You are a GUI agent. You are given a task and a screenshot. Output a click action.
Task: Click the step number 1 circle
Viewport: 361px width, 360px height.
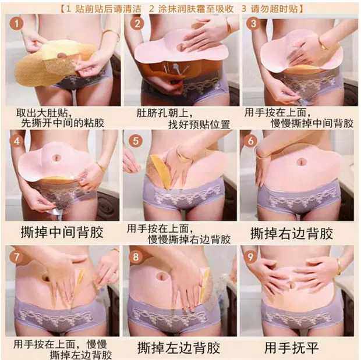tap(16, 24)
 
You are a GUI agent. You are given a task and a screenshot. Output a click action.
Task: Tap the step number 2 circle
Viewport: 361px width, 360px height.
tap(137, 24)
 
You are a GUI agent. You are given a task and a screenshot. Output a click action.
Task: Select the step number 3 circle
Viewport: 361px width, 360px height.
tap(253, 23)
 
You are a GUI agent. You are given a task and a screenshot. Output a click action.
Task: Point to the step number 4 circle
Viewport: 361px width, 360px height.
tap(16, 141)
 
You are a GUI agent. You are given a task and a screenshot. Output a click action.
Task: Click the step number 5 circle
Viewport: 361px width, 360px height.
tap(136, 141)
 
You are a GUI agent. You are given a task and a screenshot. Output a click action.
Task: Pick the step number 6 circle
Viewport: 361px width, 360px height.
tap(251, 140)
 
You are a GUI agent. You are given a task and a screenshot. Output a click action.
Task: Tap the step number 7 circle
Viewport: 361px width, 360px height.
tap(16, 256)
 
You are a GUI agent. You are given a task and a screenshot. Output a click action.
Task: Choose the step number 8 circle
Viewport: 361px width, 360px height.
tap(136, 256)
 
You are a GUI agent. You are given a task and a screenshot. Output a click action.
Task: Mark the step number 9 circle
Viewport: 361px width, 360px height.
tap(250, 256)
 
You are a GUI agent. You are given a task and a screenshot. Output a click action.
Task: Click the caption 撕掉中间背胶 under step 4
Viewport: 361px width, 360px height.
tap(62, 232)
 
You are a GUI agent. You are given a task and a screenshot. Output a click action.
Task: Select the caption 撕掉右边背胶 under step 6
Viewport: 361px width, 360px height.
tap(292, 233)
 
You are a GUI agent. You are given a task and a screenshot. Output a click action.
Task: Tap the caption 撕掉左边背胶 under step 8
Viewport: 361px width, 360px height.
tap(179, 348)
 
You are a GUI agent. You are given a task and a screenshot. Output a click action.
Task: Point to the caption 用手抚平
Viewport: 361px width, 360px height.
tap(292, 347)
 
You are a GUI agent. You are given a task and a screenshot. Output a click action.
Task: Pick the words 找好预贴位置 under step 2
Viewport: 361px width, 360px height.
tap(199, 124)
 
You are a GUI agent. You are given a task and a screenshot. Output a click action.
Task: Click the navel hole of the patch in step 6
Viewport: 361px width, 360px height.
tap(302, 162)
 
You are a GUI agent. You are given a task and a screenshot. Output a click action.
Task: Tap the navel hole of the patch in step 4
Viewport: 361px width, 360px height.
tap(56, 158)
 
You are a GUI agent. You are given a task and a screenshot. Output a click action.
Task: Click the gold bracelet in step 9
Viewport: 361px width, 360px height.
tap(339, 266)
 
